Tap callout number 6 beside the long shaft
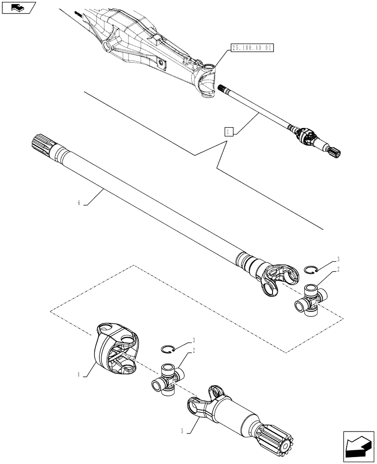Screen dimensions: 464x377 pyautogui.click(x=79, y=203)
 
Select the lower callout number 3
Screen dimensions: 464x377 pyautogui.click(x=194, y=340)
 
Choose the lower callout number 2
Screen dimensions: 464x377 pyautogui.click(x=194, y=350)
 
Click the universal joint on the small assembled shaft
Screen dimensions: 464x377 pyautogui.click(x=305, y=136)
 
